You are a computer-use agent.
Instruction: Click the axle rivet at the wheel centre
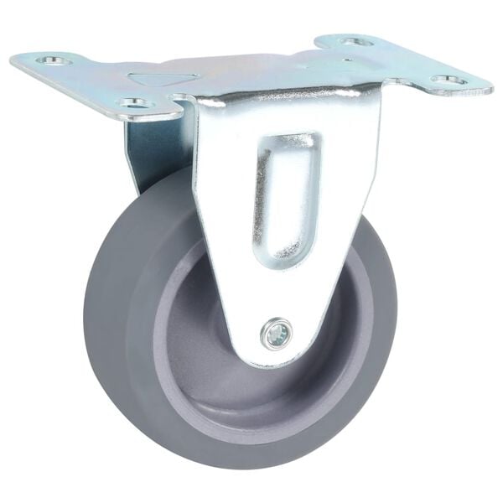[x=277, y=334]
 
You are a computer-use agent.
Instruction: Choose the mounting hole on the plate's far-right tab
[x=449, y=80]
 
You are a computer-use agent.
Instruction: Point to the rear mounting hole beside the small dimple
[x=355, y=41]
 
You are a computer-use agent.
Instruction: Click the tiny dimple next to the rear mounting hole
[x=345, y=60]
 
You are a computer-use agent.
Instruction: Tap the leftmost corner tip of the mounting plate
[x=12, y=60]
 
